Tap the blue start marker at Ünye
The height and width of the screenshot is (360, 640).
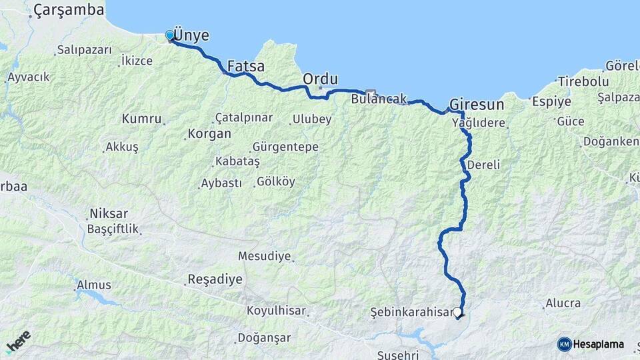tap(170, 35)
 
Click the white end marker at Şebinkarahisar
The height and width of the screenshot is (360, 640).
tap(457, 311)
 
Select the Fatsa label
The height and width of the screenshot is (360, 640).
tap(246, 67)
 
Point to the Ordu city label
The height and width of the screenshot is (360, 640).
tap(320, 79)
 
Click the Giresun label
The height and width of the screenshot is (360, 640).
tap(476, 105)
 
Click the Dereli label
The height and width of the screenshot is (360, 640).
tap(483, 164)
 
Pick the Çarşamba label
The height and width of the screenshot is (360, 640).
tap(69, 10)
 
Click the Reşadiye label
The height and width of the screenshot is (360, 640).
tap(215, 279)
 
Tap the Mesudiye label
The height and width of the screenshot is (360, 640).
tap(265, 256)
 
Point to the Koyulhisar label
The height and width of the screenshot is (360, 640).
tap(276, 310)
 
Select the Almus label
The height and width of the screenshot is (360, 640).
tap(94, 285)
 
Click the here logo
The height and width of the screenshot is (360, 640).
tap(18, 341)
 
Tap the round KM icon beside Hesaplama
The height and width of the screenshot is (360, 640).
tap(564, 344)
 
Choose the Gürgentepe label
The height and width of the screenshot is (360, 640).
tap(285, 147)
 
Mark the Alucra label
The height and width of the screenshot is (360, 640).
tap(563, 303)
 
